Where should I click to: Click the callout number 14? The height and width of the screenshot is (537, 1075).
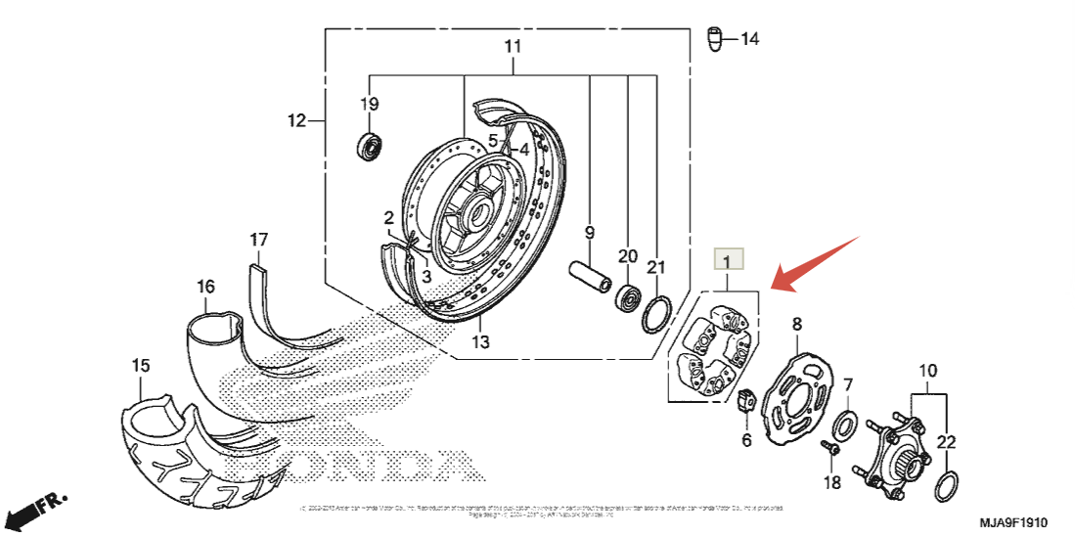(749, 39)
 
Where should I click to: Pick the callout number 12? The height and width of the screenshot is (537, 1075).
(296, 121)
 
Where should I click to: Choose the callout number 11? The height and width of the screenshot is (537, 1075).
(514, 47)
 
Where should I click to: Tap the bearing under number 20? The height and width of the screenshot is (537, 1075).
(627, 295)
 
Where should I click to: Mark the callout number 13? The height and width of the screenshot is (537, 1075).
(480, 342)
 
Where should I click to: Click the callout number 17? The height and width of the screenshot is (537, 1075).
(258, 240)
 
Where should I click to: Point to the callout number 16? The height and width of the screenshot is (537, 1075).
(205, 287)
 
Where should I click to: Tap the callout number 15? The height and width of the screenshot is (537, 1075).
(141, 366)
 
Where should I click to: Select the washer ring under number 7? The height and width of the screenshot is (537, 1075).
(845, 425)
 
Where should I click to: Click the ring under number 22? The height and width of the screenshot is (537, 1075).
(947, 483)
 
